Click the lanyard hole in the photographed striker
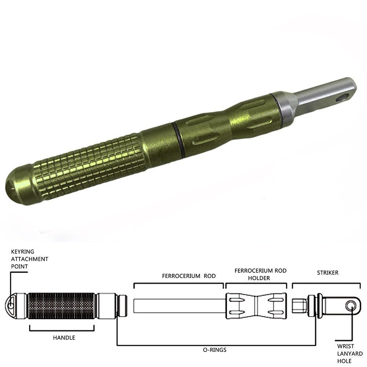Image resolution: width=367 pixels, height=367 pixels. click(342, 98)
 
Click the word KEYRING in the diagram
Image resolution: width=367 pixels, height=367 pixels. click(22, 252)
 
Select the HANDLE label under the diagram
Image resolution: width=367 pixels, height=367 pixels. click(64, 338)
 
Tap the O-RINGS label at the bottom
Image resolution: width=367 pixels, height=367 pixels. click(215, 350)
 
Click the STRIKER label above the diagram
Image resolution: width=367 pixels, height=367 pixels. click(327, 273)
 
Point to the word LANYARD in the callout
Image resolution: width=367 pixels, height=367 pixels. click(350, 353)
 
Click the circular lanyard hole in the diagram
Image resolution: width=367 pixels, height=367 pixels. click(351, 306)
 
